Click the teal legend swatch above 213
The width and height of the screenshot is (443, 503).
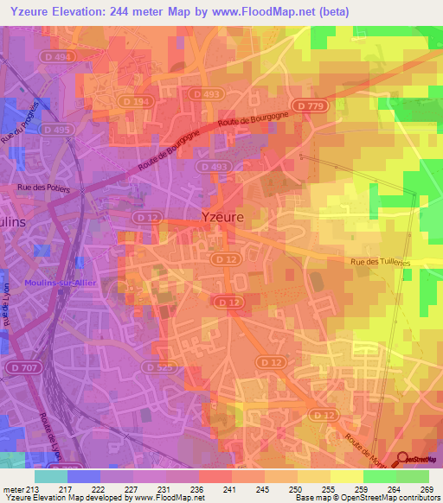[50, 476]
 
